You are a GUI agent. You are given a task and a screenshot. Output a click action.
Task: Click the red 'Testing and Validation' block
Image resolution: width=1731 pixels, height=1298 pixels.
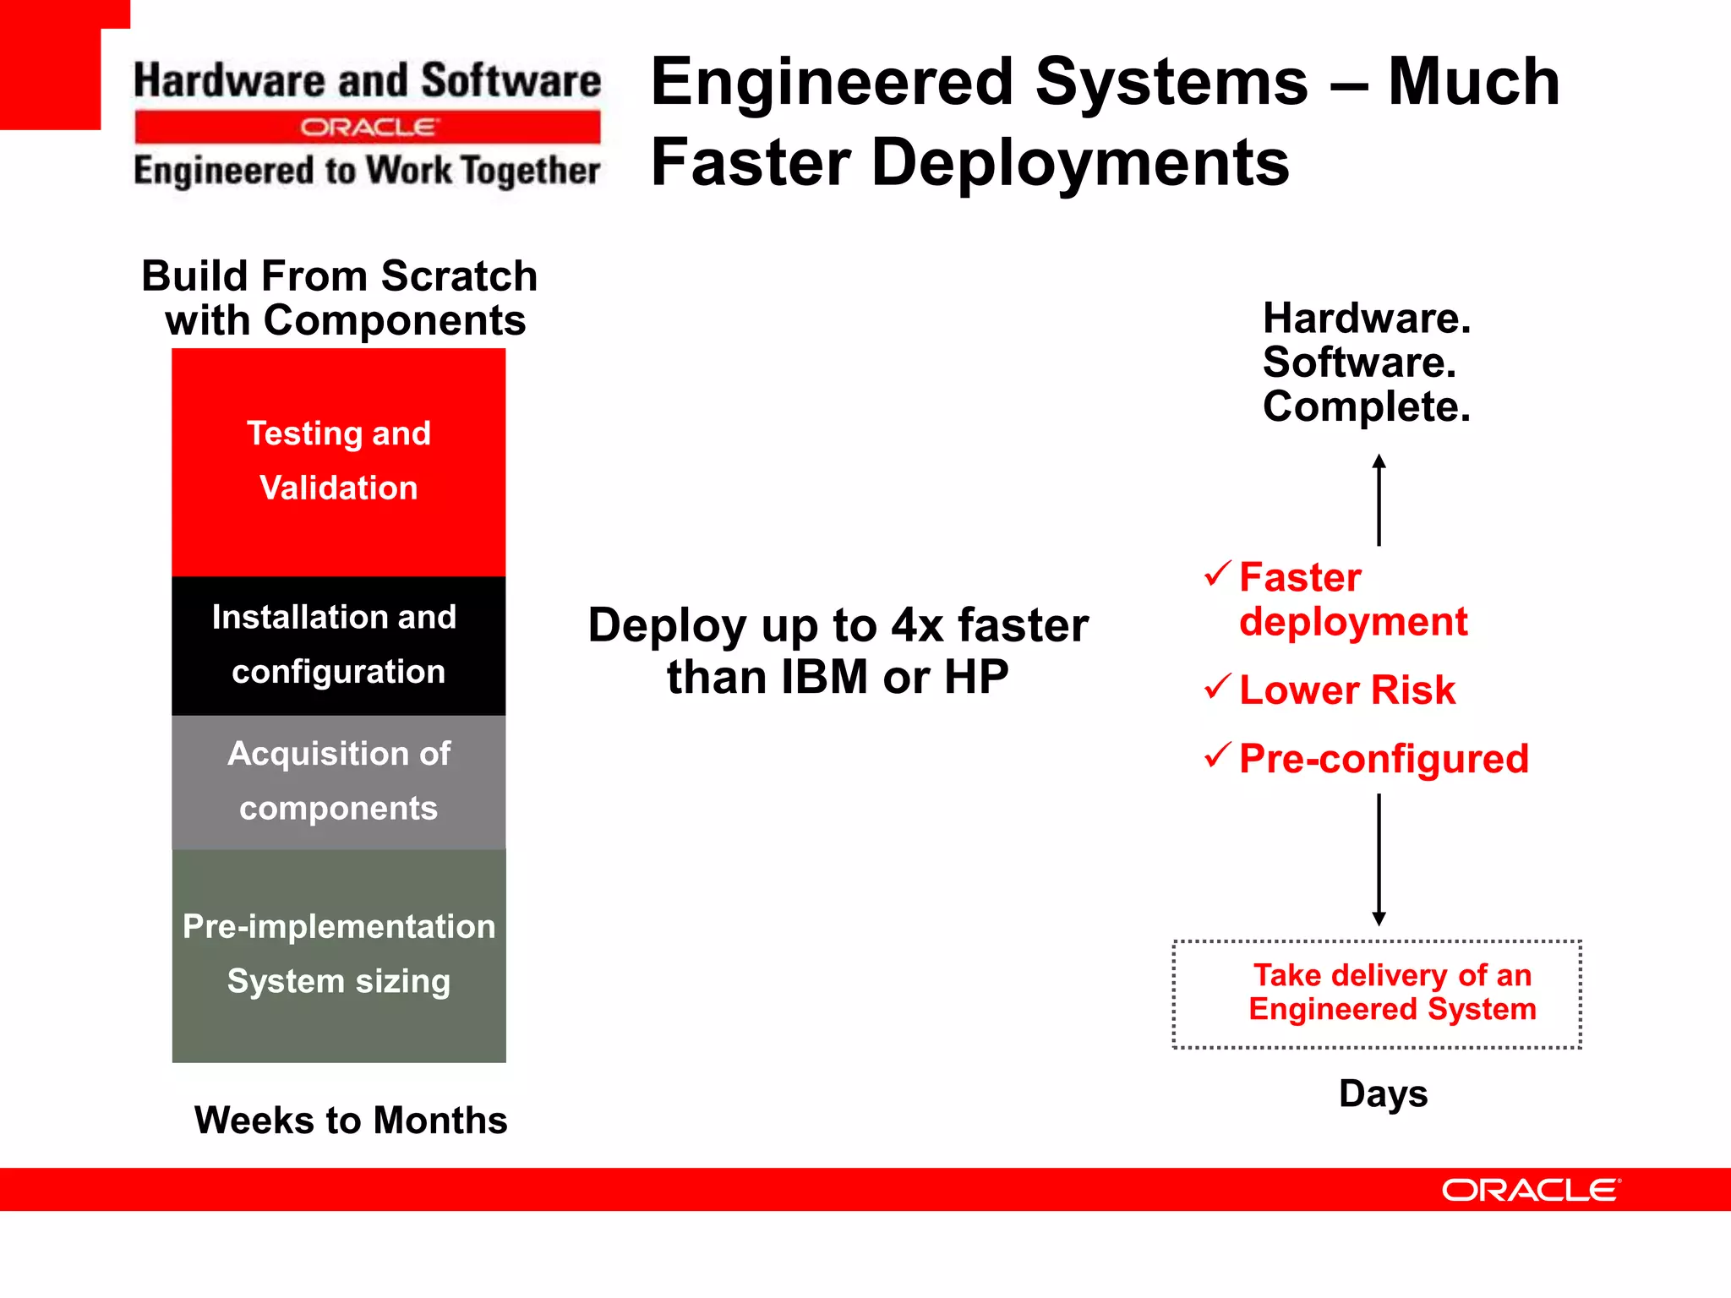tap(338, 461)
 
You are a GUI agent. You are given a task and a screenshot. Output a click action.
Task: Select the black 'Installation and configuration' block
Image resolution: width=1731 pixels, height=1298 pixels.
tap(338, 646)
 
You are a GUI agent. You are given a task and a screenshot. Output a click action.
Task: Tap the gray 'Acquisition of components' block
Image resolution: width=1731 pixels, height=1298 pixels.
tap(338, 782)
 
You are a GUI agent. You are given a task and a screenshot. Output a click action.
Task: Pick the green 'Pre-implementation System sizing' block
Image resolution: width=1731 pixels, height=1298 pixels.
tap(338, 955)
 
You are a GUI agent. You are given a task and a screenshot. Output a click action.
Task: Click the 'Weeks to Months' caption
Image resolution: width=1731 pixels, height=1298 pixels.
tap(351, 1121)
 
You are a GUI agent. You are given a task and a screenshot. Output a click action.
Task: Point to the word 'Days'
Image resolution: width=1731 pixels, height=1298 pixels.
tap(1383, 1093)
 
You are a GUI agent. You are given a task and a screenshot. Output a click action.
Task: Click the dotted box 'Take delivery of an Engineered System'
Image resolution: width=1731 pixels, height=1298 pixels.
tap(1377, 994)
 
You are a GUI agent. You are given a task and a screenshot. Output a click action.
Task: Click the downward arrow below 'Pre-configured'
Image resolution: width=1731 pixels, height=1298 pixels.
tap(1379, 859)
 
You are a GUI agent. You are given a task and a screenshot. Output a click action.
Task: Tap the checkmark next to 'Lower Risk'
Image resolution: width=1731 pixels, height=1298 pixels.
tap(1217, 686)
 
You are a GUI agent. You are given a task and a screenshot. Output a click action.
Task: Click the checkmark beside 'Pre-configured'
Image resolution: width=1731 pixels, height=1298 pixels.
tap(1217, 754)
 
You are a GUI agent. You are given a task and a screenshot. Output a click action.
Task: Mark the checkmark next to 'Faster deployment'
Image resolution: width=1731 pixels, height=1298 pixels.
tap(1217, 574)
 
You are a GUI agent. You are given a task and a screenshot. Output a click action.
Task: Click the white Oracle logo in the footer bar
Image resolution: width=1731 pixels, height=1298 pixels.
tap(1531, 1190)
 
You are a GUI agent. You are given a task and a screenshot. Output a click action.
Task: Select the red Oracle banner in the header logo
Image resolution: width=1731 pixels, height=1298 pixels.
tap(368, 128)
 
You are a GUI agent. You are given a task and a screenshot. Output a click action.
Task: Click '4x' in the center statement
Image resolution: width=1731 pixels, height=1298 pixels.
tap(917, 626)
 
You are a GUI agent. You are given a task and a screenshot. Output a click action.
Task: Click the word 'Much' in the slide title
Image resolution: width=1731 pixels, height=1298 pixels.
tap(1473, 82)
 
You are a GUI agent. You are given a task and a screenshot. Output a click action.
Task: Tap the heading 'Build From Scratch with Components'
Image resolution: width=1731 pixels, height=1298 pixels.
tap(340, 298)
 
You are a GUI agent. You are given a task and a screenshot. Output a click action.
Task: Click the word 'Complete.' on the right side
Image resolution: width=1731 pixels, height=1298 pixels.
tap(1366, 407)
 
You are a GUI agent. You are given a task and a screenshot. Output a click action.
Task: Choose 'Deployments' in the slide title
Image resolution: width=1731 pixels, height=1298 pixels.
tap(1079, 163)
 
